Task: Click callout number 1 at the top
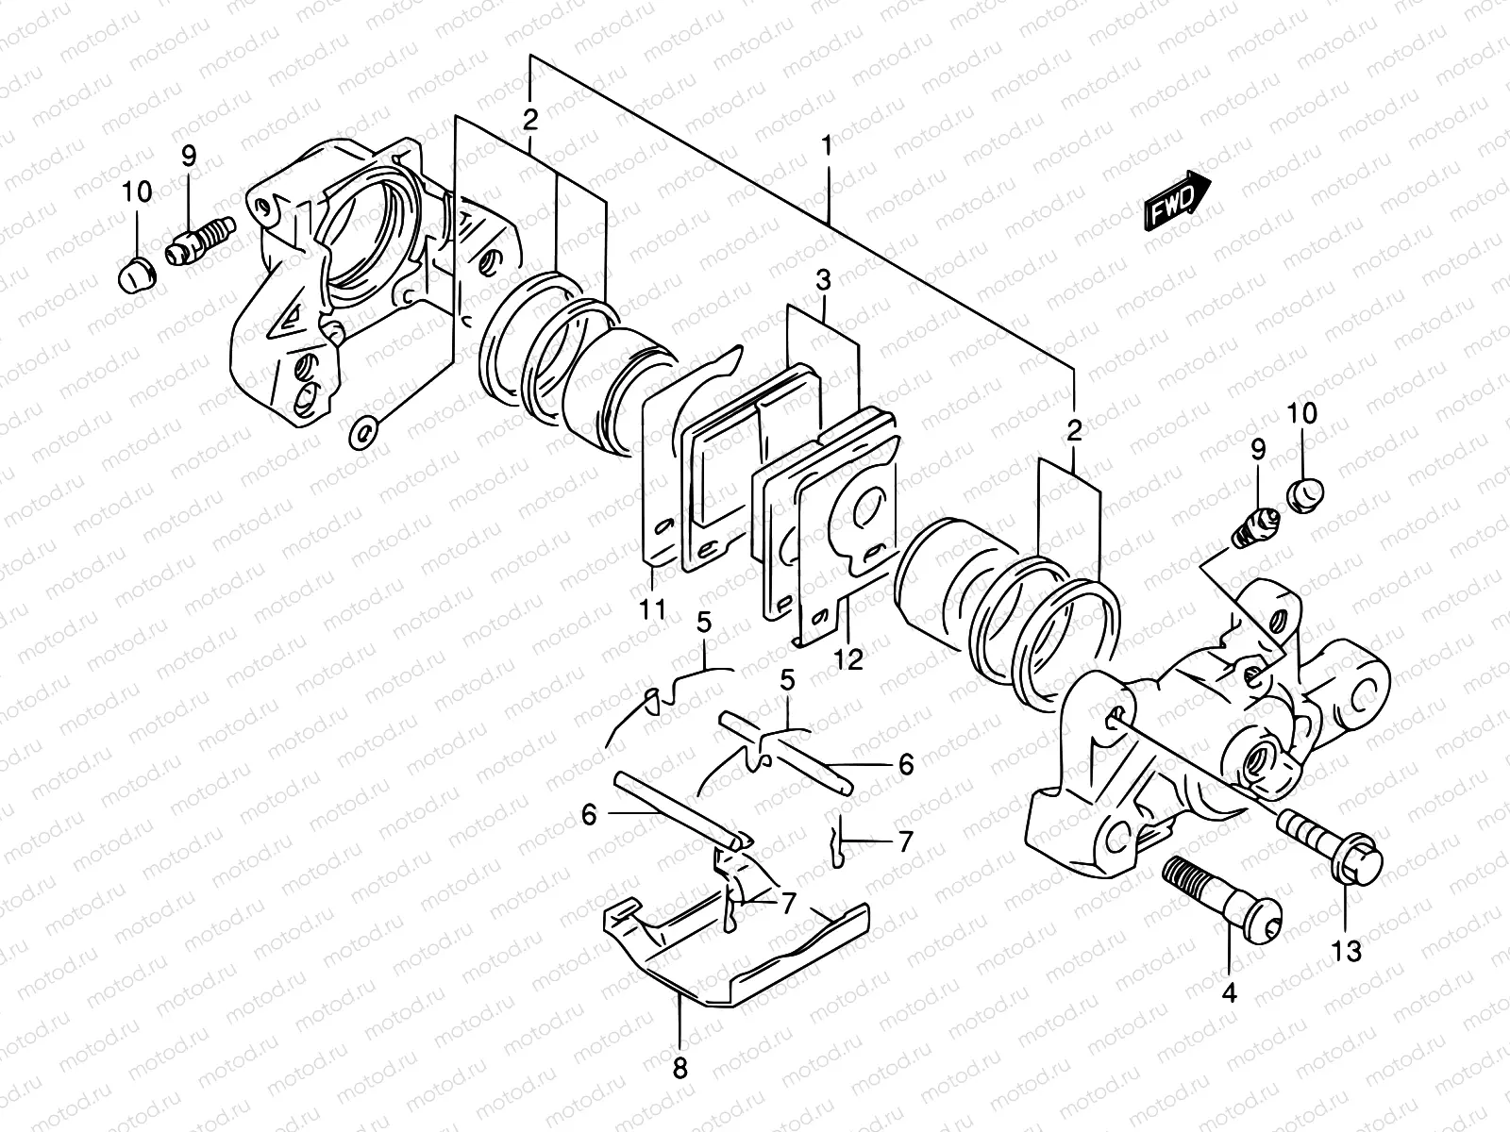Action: tap(827, 147)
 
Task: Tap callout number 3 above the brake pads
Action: tap(823, 281)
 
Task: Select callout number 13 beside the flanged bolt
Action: tap(1348, 952)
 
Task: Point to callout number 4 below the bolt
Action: tap(1229, 991)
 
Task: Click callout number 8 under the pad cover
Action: tap(680, 1069)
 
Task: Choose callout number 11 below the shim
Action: tap(651, 609)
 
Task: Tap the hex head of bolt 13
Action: tap(1360, 860)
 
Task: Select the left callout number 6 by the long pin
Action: tap(589, 813)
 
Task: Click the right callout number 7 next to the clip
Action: tap(905, 841)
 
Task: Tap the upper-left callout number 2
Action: tap(530, 120)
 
